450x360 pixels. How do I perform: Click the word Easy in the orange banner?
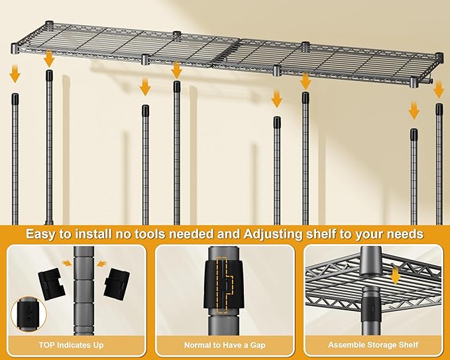(x=42, y=234)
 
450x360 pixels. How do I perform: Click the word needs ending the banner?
(x=405, y=234)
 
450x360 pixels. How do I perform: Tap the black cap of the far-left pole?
(x=15, y=99)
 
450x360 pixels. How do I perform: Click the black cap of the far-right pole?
(x=439, y=109)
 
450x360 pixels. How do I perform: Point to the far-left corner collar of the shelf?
(x=15, y=49)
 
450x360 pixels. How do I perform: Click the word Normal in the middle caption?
(x=198, y=345)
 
